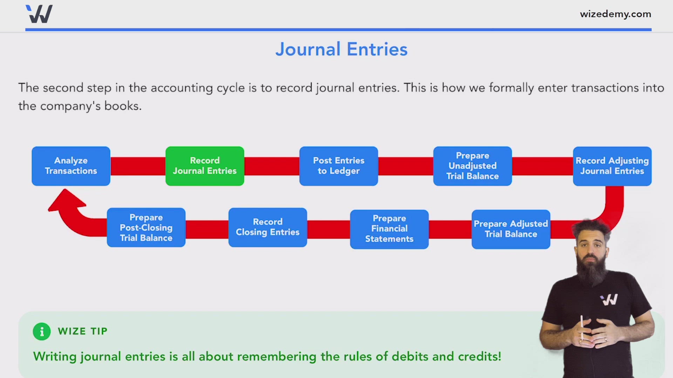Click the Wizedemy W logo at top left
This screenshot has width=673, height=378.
pyautogui.click(x=39, y=14)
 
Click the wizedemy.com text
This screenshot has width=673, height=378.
pyautogui.click(x=615, y=14)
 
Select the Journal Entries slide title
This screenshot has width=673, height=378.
pyautogui.click(x=341, y=49)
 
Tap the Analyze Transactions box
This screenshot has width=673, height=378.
pyautogui.click(x=71, y=166)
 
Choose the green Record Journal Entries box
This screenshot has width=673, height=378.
pyautogui.click(x=205, y=166)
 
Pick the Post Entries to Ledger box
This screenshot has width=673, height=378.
pyautogui.click(x=339, y=166)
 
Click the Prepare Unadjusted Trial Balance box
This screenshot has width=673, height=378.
pyautogui.click(x=472, y=166)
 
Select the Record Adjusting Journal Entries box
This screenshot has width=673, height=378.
pyautogui.click(x=612, y=166)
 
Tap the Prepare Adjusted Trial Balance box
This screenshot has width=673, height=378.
pyautogui.click(x=511, y=229)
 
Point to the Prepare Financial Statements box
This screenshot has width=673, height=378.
pyautogui.click(x=389, y=229)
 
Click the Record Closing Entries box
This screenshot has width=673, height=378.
pyautogui.click(x=267, y=227)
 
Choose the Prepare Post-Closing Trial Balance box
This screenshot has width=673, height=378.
pyautogui.click(x=146, y=227)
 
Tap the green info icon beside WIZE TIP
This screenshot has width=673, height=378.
pyautogui.click(x=42, y=331)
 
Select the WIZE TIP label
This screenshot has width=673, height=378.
pyautogui.click(x=82, y=331)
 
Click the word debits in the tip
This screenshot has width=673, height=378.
pyautogui.click(x=410, y=357)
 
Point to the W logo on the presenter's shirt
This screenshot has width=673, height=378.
pyautogui.click(x=609, y=300)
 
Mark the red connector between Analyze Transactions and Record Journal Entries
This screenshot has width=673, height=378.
pyautogui.click(x=138, y=166)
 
